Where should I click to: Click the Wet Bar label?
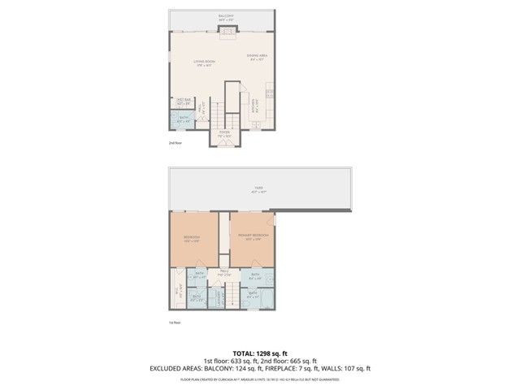coord(183,102)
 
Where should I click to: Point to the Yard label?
coord(258,189)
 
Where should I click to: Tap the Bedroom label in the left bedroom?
coord(192,238)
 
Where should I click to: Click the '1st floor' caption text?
coord(175,323)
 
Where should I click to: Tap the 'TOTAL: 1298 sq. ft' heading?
coord(260,353)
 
